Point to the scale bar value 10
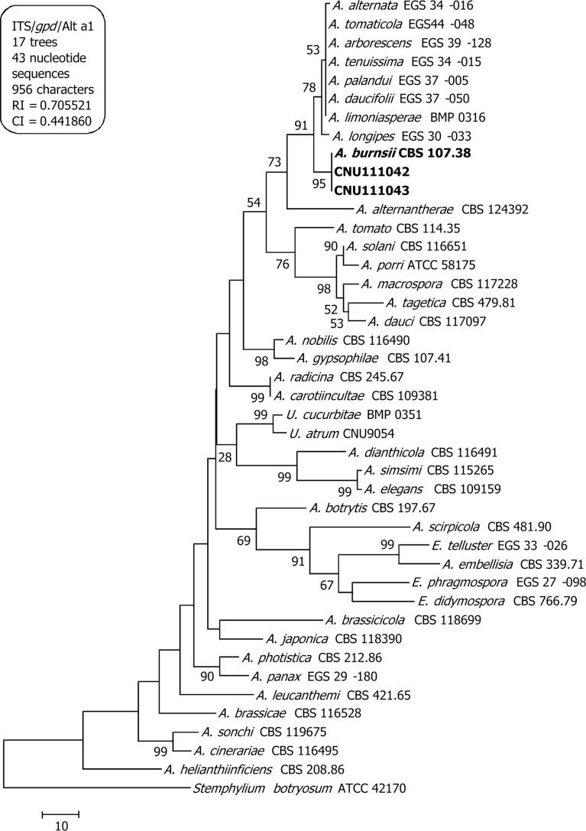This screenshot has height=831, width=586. click(60, 825)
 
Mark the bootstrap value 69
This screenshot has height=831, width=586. click(244, 541)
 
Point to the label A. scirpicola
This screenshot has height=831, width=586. click(445, 526)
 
